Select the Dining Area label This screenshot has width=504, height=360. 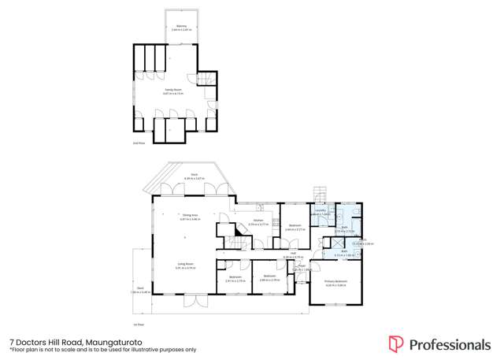point(190,216)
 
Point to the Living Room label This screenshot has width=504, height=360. point(186,266)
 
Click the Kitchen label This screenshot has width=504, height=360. point(258,223)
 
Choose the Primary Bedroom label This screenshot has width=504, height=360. point(336,282)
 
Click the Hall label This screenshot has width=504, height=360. point(293,254)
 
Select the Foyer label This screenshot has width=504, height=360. point(298,268)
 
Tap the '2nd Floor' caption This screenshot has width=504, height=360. point(138,143)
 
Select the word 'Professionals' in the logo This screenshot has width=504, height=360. point(450,344)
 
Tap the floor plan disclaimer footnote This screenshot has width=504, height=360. point(102,350)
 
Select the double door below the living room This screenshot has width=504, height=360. point(195,301)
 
